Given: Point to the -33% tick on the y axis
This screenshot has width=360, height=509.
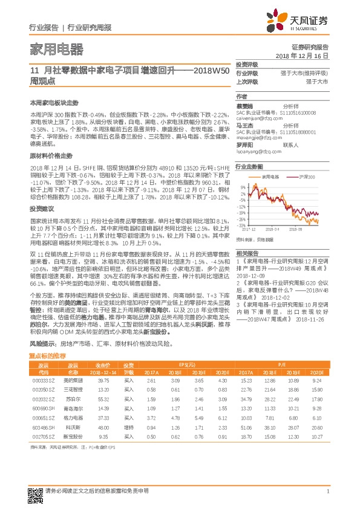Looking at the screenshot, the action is [241, 224].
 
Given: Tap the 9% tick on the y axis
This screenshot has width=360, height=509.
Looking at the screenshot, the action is [243, 187].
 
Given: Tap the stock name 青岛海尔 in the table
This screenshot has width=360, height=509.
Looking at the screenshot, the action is [74, 409].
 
